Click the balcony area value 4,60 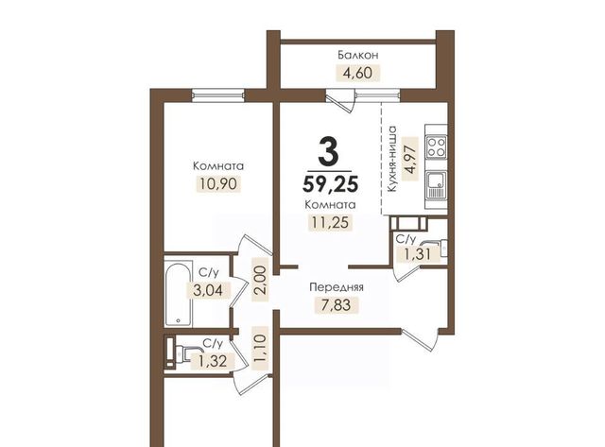tap(358, 73)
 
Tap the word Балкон tap(358, 55)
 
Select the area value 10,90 tap(218, 184)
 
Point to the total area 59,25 tap(331, 183)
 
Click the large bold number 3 tap(329, 152)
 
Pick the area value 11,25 tap(330, 222)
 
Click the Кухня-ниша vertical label tap(392, 159)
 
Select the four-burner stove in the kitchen tap(437, 146)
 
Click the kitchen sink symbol tap(437, 184)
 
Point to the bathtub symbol tap(179, 294)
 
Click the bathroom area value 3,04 tap(208, 290)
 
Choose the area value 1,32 tap(213, 361)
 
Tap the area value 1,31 tap(418, 254)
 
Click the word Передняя tap(337, 287)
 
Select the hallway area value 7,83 tap(337, 305)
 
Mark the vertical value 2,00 tap(260, 281)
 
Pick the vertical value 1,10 tap(260, 349)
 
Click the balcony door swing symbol tap(340, 101)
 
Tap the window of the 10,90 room tap(218, 95)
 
